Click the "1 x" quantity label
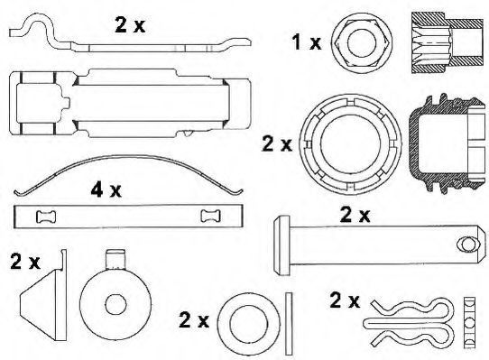coord(306,42)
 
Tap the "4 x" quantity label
coord(106,189)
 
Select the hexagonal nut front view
coord(361,43)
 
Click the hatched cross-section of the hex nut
coord(447,42)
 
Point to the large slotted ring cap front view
coord(350,144)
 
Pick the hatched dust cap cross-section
coord(447,144)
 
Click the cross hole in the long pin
coord(469,244)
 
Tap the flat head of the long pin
coord(281,245)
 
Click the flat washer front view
coord(249,324)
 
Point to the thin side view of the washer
coord(289,324)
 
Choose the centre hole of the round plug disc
coord(116,305)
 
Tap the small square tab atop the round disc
coord(115,259)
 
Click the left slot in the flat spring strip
coord(46,217)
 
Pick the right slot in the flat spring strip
coord(210,216)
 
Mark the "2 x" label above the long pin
coord(355,216)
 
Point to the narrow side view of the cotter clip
coord(469,323)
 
